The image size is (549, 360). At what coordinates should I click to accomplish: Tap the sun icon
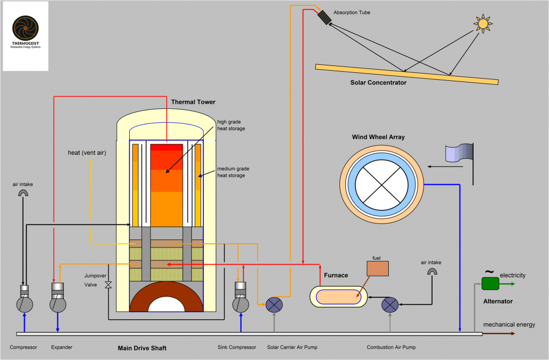tap(483, 24)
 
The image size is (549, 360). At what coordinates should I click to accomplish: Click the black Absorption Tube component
tap(324, 17)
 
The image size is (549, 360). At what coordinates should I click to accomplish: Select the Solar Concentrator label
tap(379, 82)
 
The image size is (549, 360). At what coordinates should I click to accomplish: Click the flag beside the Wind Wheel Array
tap(459, 153)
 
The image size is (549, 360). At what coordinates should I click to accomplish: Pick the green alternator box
tap(489, 283)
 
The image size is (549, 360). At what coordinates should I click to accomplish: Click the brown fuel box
tap(377, 268)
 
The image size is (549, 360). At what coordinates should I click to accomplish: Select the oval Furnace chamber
tap(339, 296)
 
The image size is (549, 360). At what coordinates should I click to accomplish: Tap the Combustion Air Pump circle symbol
tap(390, 305)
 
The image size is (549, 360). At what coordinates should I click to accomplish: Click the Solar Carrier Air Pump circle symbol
tap(274, 305)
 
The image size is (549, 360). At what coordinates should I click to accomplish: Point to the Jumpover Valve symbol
tap(108, 284)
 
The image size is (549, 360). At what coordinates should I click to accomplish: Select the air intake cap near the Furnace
tap(432, 272)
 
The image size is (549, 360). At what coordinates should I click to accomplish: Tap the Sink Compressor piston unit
tap(240, 298)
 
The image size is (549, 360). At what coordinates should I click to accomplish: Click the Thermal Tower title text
tap(193, 102)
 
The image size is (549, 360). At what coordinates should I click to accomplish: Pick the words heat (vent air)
tap(87, 153)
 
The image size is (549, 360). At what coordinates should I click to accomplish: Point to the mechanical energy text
tap(509, 325)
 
